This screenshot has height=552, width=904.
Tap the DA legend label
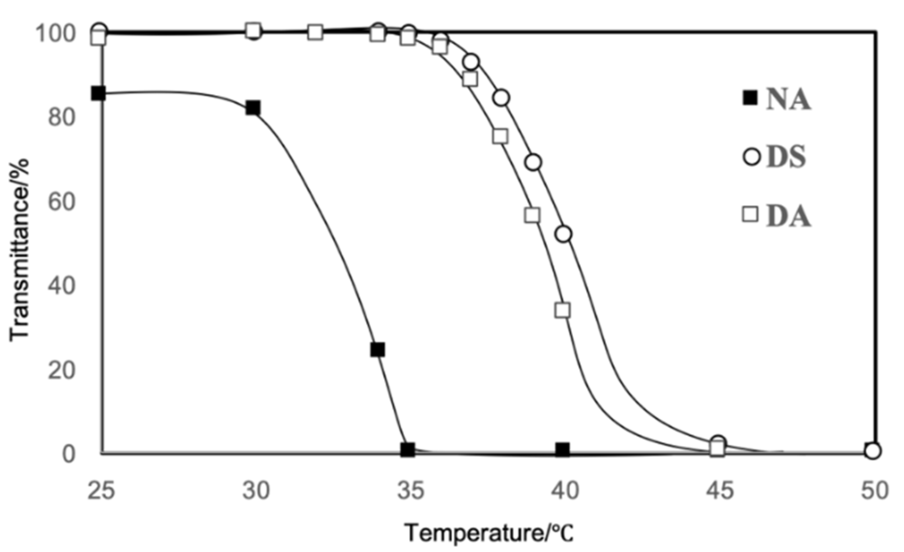(x=788, y=216)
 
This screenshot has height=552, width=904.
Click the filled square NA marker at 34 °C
(x=377, y=349)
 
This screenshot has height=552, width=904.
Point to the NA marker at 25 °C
(x=98, y=93)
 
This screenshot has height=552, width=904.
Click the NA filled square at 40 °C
(x=562, y=450)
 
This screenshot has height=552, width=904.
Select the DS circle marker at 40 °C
(x=564, y=234)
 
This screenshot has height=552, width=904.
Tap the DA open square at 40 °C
(x=562, y=310)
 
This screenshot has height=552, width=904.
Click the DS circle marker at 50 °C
(x=873, y=451)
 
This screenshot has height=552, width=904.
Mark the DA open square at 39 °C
(x=532, y=215)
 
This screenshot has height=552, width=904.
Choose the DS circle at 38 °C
(x=502, y=98)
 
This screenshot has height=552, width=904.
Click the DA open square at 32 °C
(x=315, y=32)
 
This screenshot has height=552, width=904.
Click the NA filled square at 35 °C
(x=408, y=450)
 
